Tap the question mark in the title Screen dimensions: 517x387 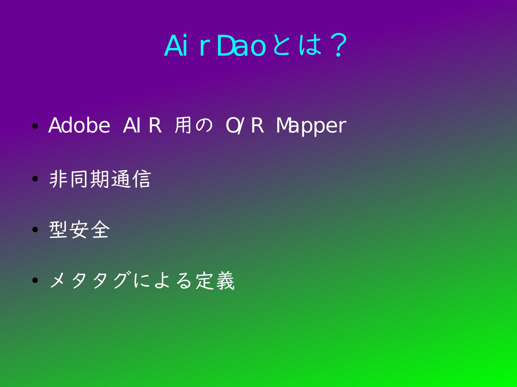tap(338, 46)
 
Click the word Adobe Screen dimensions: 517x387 tap(79, 125)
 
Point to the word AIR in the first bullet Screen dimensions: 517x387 tap(142, 126)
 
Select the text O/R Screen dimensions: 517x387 tap(244, 126)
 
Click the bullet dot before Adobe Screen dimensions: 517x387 tap(35, 126)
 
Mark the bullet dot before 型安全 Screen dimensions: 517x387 tap(35, 230)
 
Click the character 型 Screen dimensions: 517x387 tap(58, 230)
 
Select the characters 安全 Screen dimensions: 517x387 tap(90, 230)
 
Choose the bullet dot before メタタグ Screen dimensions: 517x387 tap(35, 281)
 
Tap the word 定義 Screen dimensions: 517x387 tap(215, 281)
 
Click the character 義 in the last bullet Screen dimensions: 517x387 tap(225, 281)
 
